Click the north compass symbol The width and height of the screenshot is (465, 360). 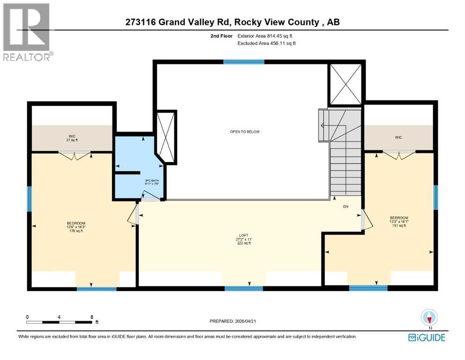(x=429, y=317)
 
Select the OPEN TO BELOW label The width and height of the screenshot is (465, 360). (x=244, y=132)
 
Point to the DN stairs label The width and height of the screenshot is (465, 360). (x=346, y=206)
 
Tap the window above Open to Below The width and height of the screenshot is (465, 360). (x=244, y=61)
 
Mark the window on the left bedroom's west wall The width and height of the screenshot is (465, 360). (x=29, y=199)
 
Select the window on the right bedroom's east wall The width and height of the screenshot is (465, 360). (x=435, y=197)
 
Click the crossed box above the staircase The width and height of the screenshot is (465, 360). (x=346, y=84)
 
